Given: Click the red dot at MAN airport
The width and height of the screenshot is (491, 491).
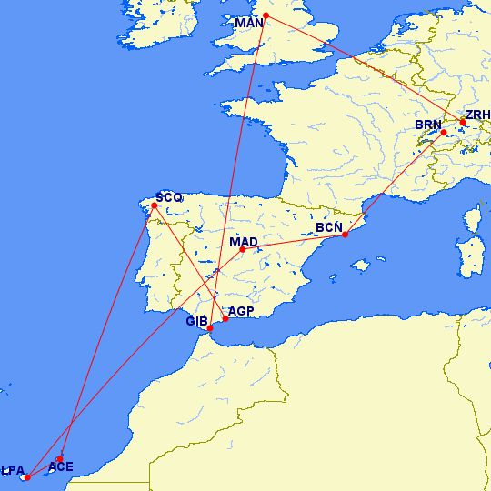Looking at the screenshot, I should pyautogui.click(x=266, y=15).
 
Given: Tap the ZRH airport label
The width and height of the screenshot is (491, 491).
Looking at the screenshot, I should pyautogui.click(x=476, y=115).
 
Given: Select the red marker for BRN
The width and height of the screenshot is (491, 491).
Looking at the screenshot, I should pyautogui.click(x=444, y=133).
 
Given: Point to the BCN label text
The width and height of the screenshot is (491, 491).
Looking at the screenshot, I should pyautogui.click(x=329, y=226).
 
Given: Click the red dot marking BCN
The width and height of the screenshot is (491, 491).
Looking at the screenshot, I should pyautogui.click(x=345, y=235).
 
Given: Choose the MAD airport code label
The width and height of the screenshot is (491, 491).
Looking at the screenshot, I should pyautogui.click(x=244, y=242).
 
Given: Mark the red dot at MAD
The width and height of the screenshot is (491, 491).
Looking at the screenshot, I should pyautogui.click(x=243, y=249).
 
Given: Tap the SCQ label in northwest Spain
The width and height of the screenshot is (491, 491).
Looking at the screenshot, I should pyautogui.click(x=169, y=196).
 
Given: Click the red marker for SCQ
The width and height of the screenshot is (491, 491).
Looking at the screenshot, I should pyautogui.click(x=155, y=205).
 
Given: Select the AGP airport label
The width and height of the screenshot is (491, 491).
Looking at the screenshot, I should pyautogui.click(x=241, y=311).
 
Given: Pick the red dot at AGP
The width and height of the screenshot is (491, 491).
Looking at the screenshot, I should pyautogui.click(x=225, y=318).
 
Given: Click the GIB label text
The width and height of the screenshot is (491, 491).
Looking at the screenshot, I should pyautogui.click(x=197, y=321).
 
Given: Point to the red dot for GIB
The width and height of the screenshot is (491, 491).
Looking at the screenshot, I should pyautogui.click(x=211, y=328).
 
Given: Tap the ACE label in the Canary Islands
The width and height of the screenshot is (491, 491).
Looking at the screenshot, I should pyautogui.click(x=61, y=467).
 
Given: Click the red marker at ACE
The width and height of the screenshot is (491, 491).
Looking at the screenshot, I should pyautogui.click(x=60, y=458).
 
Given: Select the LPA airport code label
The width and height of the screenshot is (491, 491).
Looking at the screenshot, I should pyautogui.click(x=13, y=470).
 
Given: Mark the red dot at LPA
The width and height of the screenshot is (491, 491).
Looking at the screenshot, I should pyautogui.click(x=28, y=476).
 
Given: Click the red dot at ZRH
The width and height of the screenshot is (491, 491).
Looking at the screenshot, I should pyautogui.click(x=463, y=122).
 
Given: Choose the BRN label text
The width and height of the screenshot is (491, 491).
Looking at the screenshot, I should pyautogui.click(x=427, y=125).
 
